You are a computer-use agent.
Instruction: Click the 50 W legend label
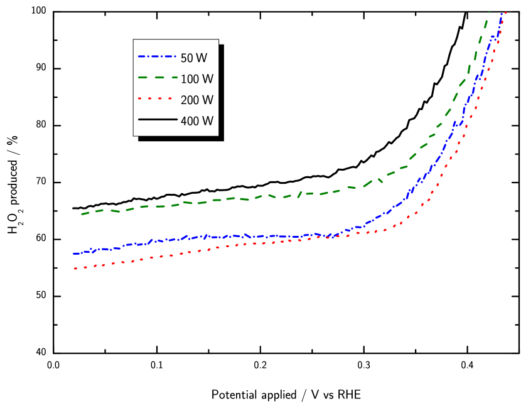pyautogui.click(x=194, y=58)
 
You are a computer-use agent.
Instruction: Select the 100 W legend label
pyautogui.click(x=197, y=79)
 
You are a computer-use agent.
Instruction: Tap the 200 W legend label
pyautogui.click(x=197, y=100)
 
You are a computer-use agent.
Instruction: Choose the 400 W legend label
pyautogui.click(x=197, y=122)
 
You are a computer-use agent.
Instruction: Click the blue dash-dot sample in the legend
pyautogui.click(x=158, y=56)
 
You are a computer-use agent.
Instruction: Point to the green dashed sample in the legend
pyautogui.click(x=158, y=78)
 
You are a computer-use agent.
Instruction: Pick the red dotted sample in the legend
pyautogui.click(x=158, y=98)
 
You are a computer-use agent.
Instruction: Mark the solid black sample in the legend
pyautogui.click(x=158, y=119)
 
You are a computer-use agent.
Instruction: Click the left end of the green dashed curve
pyautogui.click(x=82, y=214)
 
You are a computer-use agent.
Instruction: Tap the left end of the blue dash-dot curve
pyautogui.click(x=73, y=253)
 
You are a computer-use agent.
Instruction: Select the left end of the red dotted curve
pyautogui.click(x=75, y=268)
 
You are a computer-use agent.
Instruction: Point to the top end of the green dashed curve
pyautogui.click(x=489, y=12)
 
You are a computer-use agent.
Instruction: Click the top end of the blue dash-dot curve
pyautogui.click(x=502, y=13)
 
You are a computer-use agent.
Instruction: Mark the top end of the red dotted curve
pyautogui.click(x=506, y=13)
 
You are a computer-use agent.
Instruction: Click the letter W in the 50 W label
pyautogui.click(x=201, y=58)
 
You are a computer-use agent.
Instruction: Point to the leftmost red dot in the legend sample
pyautogui.click(x=139, y=98)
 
